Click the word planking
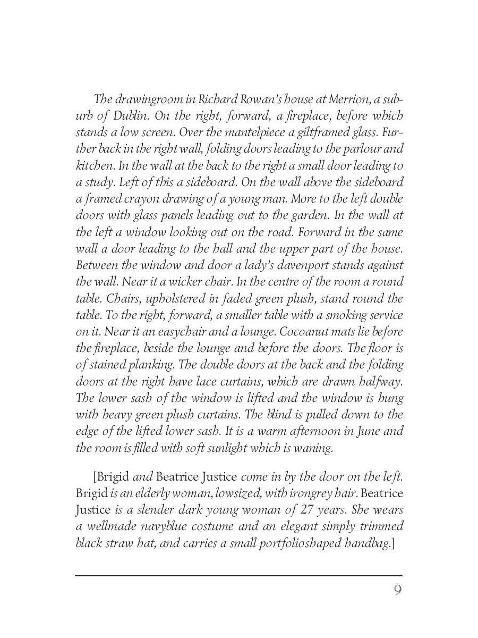(151, 364)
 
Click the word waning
(314, 447)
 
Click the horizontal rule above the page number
(238, 575)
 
